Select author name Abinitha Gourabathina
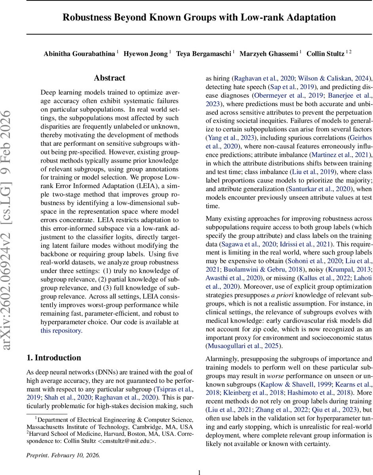tap(80, 54)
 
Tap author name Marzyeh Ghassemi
tap(268, 54)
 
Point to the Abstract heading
tap(109, 78)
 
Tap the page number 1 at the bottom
tap(199, 472)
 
